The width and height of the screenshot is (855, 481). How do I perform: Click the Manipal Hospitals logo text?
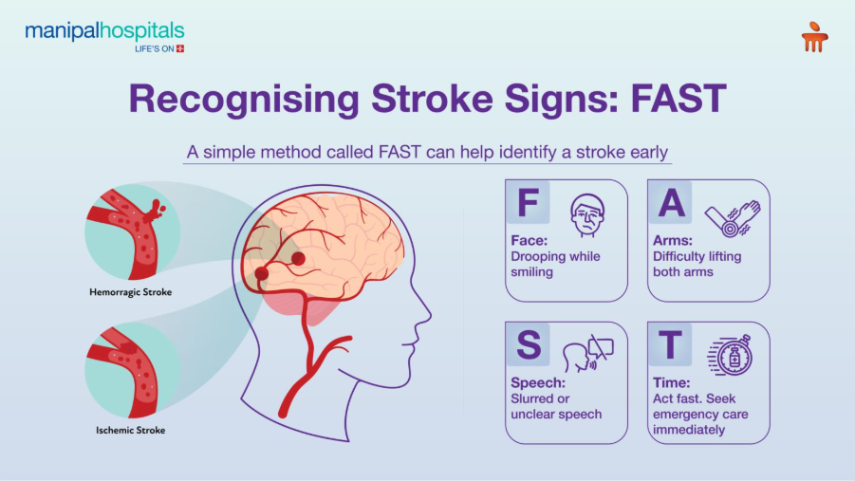(104, 32)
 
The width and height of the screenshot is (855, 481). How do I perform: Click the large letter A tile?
(670, 203)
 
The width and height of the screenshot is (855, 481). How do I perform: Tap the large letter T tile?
(670, 345)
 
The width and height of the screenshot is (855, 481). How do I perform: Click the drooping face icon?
(587, 216)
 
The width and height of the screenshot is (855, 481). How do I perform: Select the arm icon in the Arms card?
(732, 218)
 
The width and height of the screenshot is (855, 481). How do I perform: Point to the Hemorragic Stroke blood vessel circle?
(131, 231)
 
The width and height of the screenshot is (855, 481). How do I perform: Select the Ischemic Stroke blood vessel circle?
(131, 370)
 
